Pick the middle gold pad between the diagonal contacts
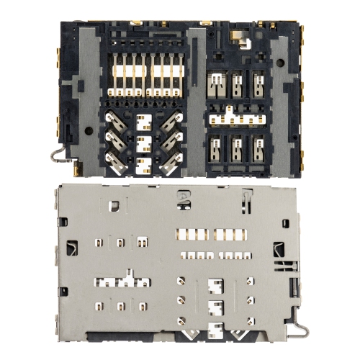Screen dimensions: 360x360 click(143, 141)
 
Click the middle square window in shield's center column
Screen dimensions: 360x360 click(213, 307)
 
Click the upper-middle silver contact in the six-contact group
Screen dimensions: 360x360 click(237, 83)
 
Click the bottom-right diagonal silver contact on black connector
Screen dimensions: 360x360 click(171, 163)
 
